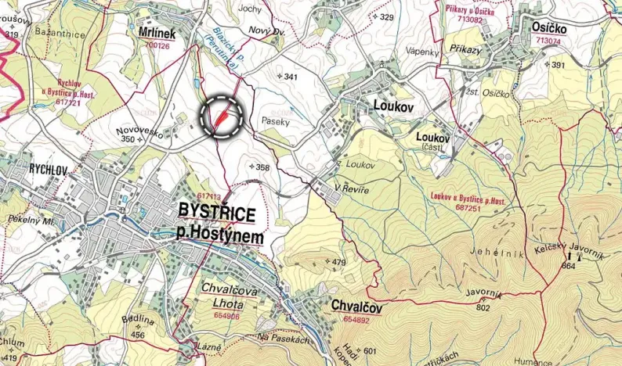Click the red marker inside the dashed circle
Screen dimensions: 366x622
pyautogui.click(x=221, y=118)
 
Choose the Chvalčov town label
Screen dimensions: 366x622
pyautogui.click(x=356, y=307)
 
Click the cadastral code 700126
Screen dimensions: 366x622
pyautogui.click(x=157, y=46)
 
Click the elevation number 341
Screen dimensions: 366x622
pyautogui.click(x=291, y=77)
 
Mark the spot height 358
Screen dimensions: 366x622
pyautogui.click(x=262, y=167)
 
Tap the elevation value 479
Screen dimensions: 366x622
pyautogui.click(x=338, y=262)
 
